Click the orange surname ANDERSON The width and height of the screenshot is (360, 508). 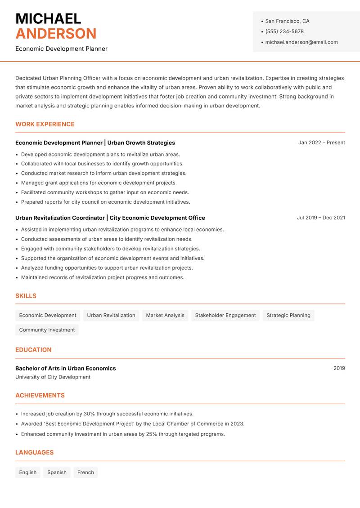tap(56, 34)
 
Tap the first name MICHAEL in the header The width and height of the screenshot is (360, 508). tap(48, 18)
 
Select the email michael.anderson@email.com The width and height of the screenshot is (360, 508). tap(301, 42)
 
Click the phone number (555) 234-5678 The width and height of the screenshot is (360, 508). tap(284, 31)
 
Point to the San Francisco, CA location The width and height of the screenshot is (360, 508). tap(287, 21)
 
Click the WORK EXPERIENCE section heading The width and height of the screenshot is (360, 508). tap(45, 124)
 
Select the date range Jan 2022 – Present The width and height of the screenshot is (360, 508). tap(321, 143)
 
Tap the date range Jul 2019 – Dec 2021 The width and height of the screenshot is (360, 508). tap(321, 218)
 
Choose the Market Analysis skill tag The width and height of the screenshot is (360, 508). tap(165, 315)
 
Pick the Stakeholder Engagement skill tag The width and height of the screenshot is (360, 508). tap(225, 315)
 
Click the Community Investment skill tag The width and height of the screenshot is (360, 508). tap(47, 330)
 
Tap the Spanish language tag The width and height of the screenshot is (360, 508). tap(57, 472)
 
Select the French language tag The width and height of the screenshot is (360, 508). tap(85, 472)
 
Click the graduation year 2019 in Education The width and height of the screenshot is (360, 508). tap(339, 368)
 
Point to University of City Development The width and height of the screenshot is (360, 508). tap(53, 377)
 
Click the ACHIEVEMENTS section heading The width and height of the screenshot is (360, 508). tap(40, 395)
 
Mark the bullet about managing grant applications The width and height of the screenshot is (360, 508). tap(99, 183)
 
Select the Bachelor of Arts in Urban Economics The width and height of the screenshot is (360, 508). tap(65, 368)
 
